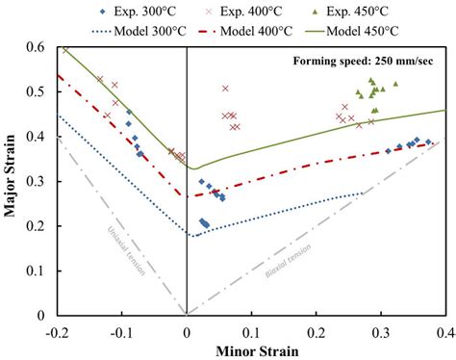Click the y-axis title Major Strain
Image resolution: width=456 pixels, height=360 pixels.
pyautogui.click(x=12, y=180)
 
